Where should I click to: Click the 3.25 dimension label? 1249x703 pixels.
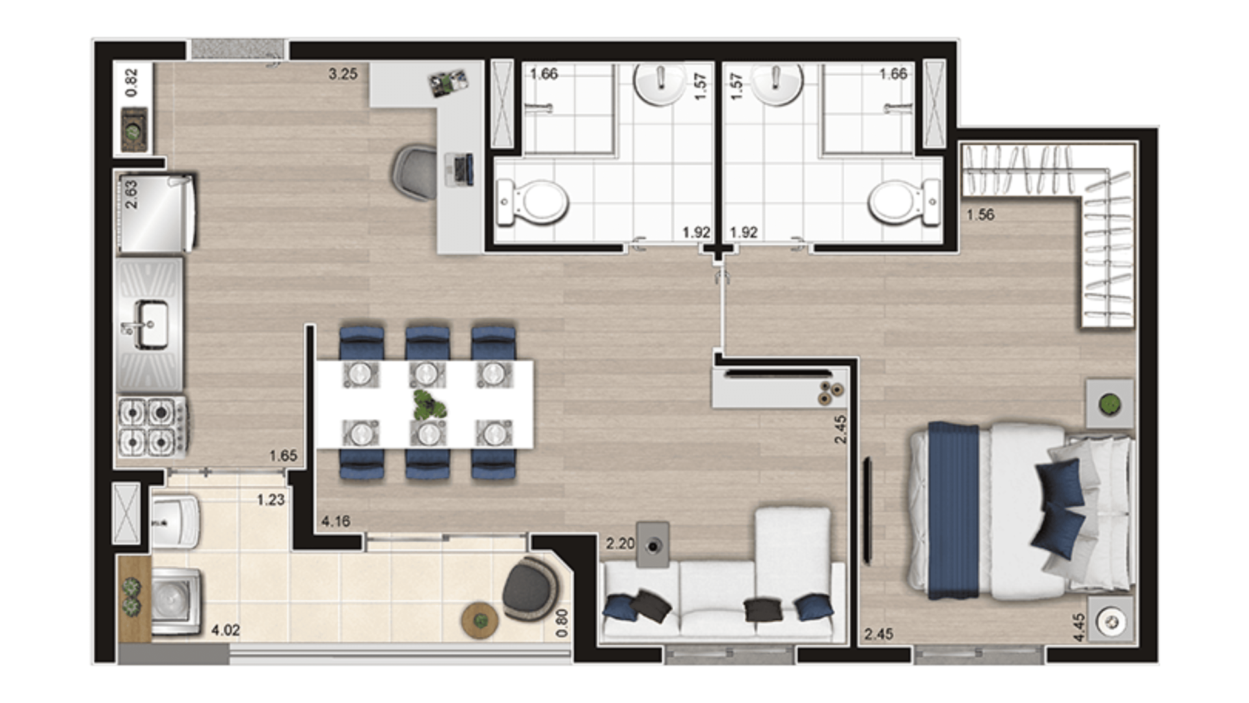tap(343, 74)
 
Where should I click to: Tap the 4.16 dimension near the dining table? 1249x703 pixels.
tap(336, 521)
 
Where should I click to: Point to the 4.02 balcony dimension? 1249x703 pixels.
tap(226, 630)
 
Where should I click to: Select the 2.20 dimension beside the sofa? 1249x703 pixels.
tap(620, 543)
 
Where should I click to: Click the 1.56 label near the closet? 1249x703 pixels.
tap(980, 215)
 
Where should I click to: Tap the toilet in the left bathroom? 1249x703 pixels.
tap(533, 202)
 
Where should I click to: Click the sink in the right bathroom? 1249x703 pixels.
tap(777, 83)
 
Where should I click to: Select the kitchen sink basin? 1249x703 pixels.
tap(150, 324)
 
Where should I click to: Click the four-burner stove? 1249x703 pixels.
tap(152, 427)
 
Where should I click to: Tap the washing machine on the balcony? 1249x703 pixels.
tap(176, 601)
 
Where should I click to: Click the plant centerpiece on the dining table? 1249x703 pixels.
tap(429, 405)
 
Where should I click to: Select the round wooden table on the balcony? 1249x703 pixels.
tap(480, 620)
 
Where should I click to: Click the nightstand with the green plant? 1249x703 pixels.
tap(1110, 404)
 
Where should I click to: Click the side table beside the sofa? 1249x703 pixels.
tap(653, 545)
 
